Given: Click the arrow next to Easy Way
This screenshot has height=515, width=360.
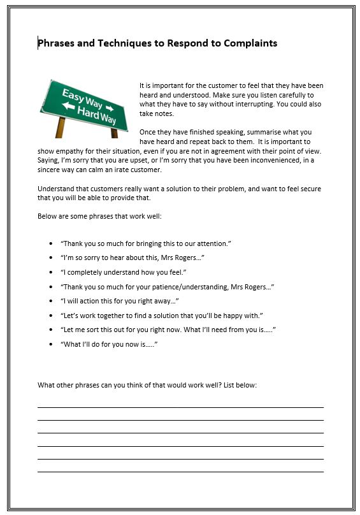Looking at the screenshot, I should [109, 107].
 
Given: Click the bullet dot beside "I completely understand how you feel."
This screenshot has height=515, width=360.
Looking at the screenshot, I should [51, 272].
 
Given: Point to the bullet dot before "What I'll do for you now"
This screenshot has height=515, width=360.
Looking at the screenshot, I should [51, 344].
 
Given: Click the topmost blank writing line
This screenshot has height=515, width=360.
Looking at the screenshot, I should [180, 407].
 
